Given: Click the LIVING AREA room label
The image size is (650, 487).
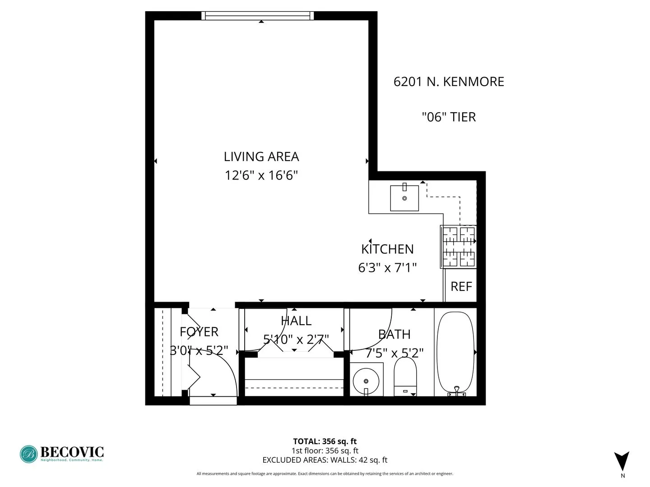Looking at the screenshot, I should (261, 156).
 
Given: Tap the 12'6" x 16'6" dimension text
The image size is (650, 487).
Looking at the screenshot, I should (261, 175).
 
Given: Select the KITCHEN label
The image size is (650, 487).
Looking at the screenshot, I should (387, 249).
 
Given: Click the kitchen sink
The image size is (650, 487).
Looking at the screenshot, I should (404, 198).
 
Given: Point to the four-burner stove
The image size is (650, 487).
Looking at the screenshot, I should (459, 247).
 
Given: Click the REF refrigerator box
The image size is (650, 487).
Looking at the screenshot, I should (461, 286).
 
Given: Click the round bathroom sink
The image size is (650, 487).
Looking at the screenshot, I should (366, 380).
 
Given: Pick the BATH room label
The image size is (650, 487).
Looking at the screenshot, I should (394, 334).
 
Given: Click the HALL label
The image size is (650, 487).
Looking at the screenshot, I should (296, 321).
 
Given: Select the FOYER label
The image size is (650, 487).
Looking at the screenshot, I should (199, 332).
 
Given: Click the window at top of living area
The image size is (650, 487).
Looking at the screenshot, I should (257, 16).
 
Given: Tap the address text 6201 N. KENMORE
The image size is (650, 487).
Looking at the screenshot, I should (449, 82).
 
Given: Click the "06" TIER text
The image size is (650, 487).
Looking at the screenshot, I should (449, 117).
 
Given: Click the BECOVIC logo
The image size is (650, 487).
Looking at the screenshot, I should (62, 454).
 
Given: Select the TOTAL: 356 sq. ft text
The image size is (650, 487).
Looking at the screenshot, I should (325, 441).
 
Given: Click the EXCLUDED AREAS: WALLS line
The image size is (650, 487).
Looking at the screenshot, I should (325, 460).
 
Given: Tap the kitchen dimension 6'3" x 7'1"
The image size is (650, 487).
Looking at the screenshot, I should (387, 268).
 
